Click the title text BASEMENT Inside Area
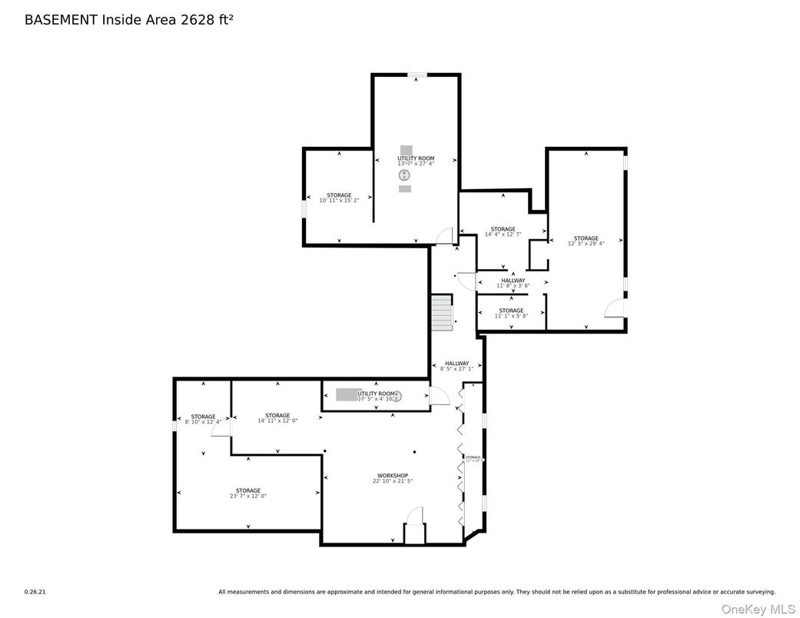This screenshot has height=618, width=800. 100,20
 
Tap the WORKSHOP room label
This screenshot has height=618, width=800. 392,475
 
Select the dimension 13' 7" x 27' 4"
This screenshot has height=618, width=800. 416,164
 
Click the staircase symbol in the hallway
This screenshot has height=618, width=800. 441,312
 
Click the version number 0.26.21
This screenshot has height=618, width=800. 35,592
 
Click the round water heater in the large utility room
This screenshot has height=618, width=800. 404,175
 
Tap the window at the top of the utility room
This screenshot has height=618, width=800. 417,75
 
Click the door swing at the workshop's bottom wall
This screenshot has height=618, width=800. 415,516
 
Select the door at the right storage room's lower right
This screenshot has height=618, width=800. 615,308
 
